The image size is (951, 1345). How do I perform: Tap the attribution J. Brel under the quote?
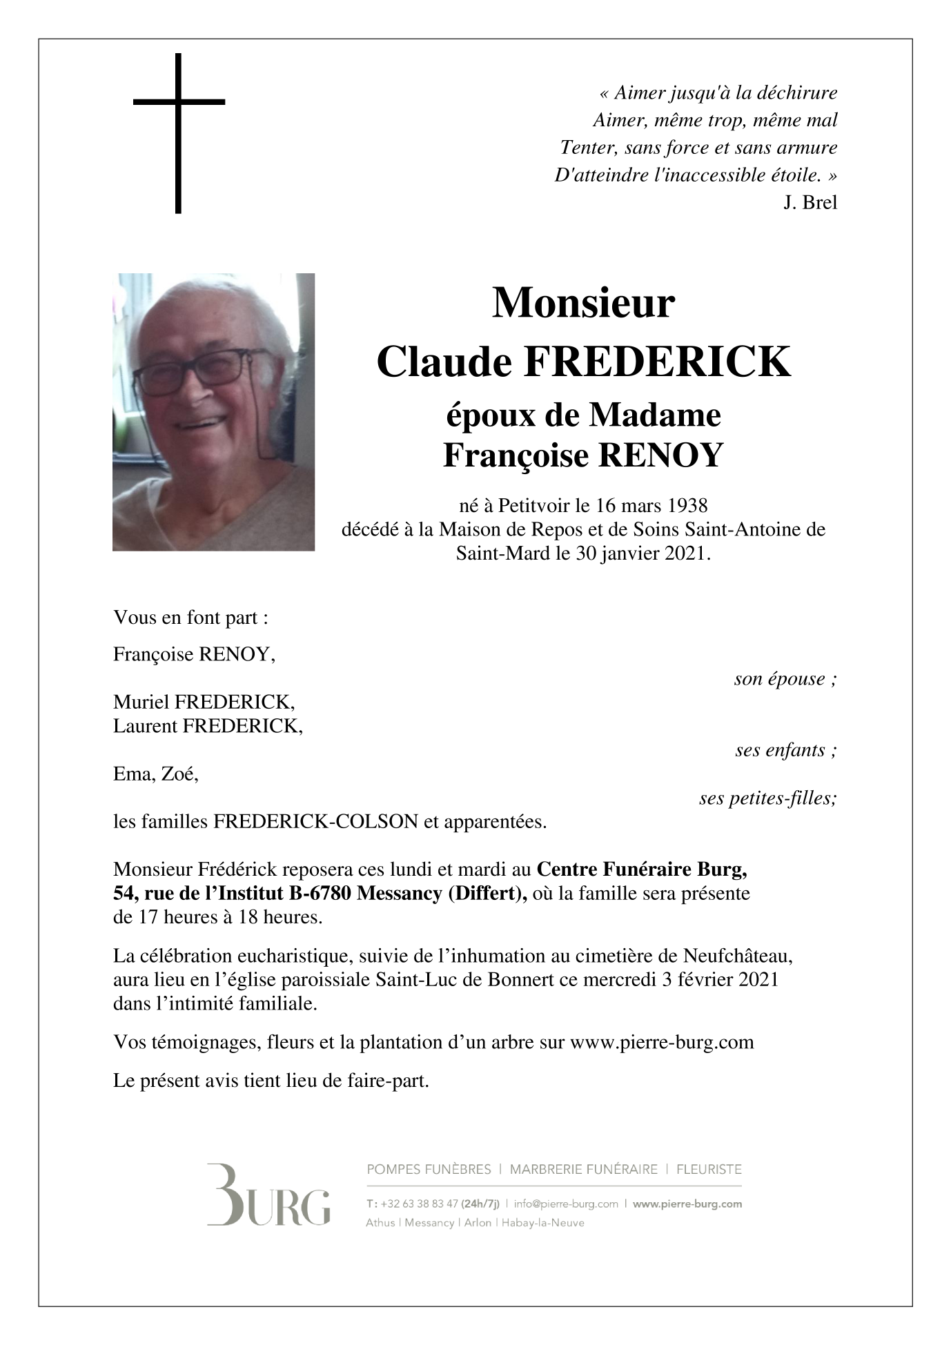810,203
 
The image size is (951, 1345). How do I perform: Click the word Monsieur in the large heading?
582,303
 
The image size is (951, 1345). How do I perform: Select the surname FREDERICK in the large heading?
657,362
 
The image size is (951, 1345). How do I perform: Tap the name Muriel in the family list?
141,703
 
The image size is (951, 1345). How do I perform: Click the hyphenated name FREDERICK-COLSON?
315,822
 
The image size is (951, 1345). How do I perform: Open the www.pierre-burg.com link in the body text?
661,1042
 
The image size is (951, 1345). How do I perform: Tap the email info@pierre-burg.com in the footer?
566,1204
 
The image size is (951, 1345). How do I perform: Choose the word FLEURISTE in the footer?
709,1170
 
